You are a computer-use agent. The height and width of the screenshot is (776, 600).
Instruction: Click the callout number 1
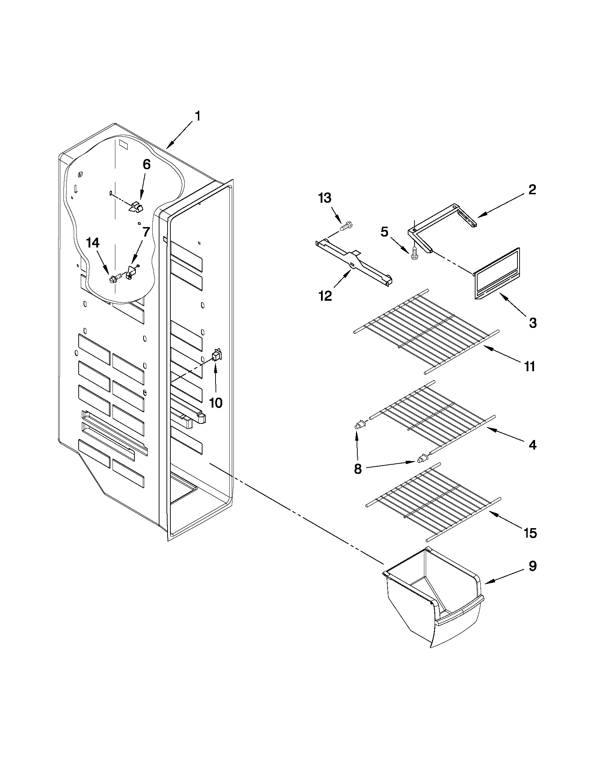pos(198,116)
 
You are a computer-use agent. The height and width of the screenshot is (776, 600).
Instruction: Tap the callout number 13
pos(325,198)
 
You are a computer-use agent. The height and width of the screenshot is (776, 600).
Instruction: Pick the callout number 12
pos(325,295)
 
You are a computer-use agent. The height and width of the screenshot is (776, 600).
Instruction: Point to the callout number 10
pos(216,403)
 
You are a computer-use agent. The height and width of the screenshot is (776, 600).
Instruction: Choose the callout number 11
pos(529,366)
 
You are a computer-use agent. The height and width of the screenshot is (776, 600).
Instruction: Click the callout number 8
pos(358,469)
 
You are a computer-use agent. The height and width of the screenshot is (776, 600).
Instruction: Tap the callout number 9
pos(532,566)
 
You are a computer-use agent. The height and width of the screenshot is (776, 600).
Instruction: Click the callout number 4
pos(532,445)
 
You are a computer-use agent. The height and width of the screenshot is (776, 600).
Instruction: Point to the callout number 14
pos(93,243)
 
